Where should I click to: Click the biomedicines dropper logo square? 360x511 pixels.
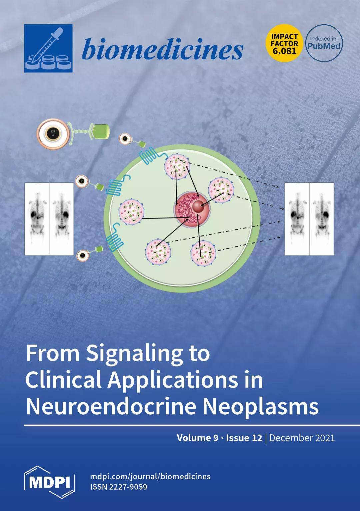[x=48, y=48]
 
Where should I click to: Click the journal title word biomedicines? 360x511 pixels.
[x=162, y=49]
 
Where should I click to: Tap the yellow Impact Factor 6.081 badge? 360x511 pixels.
[x=284, y=43]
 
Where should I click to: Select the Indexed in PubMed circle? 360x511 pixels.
[x=324, y=43]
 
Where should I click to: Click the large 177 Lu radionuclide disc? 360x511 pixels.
[x=53, y=134]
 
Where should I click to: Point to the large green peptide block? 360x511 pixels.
[x=100, y=131]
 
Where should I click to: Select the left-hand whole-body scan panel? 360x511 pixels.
[x=49, y=219]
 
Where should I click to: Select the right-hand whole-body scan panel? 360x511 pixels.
[x=309, y=219]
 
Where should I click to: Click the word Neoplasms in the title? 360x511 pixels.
[x=261, y=406]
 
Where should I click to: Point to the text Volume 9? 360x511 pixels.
[x=197, y=438]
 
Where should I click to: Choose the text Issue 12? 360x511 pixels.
[x=244, y=438]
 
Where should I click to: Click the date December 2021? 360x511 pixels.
[x=302, y=438]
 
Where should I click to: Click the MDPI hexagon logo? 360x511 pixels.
[x=49, y=482]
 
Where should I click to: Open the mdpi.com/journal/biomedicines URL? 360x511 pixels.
[x=150, y=476]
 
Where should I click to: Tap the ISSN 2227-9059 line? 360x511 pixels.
[x=119, y=487]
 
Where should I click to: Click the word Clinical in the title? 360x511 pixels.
[x=63, y=380]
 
